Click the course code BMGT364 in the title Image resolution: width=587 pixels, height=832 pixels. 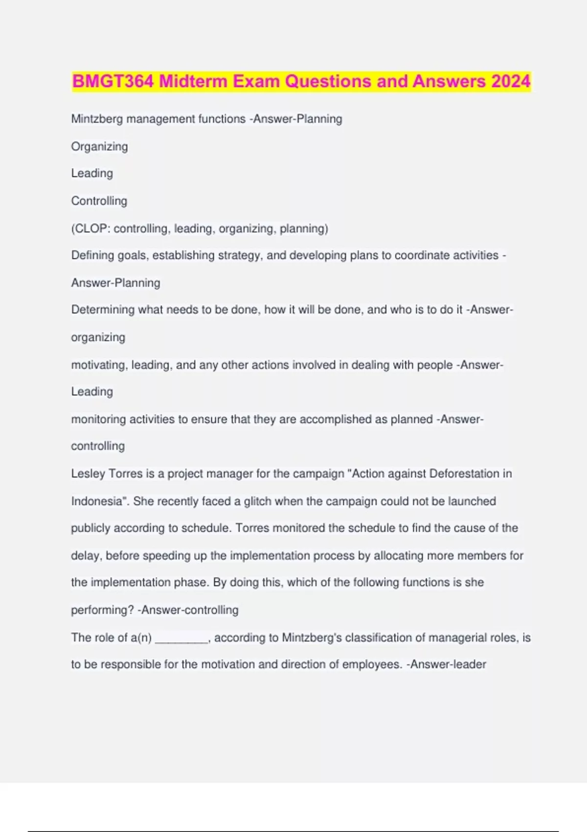pyautogui.click(x=113, y=81)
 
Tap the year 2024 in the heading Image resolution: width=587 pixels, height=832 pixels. pyautogui.click(x=511, y=81)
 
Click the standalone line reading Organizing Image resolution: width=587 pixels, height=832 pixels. pyautogui.click(x=99, y=146)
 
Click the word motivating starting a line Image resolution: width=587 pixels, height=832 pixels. pyautogui.click(x=97, y=365)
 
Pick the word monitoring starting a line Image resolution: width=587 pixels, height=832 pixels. pyautogui.click(x=98, y=419)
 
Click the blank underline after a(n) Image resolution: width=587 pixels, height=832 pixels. pyautogui.click(x=181, y=638)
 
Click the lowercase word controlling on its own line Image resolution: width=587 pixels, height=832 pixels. pyautogui.click(x=98, y=446)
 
